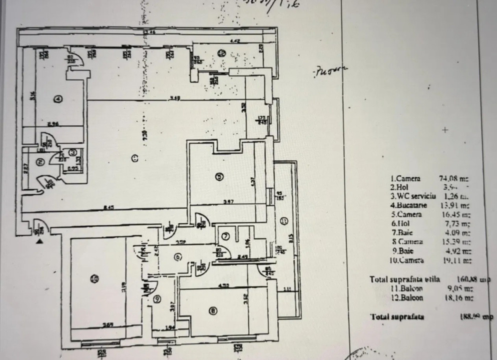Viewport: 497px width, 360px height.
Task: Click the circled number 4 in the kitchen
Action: pos(58,98)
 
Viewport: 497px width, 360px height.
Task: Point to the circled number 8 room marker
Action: pos(213,311)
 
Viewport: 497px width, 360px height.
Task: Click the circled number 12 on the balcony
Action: pos(220,52)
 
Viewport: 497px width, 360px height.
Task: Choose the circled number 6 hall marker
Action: pos(176,257)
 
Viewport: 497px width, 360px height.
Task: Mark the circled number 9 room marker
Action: pos(157,299)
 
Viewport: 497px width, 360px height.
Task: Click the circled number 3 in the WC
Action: pos(73,152)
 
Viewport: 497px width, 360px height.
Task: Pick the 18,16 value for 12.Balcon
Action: pos(454,297)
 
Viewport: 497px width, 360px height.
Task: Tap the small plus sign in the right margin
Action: pos(445,130)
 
